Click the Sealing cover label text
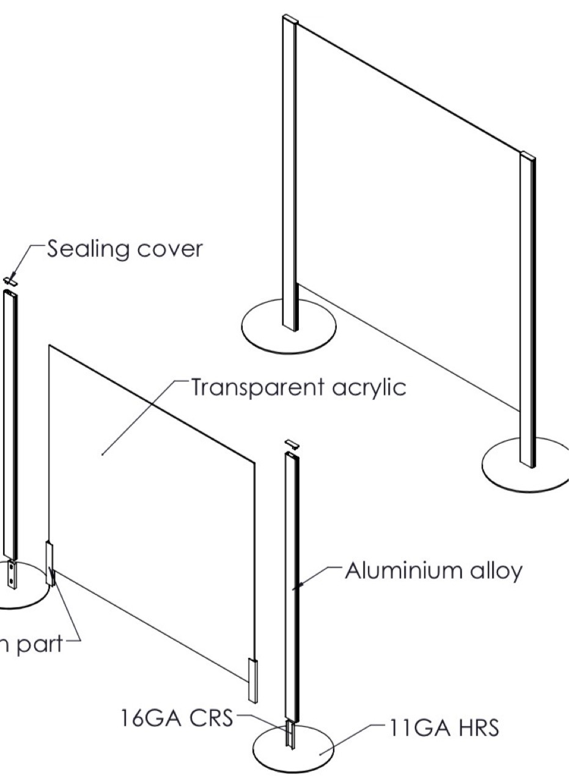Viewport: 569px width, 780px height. [124, 249]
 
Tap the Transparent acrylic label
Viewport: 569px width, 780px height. [298, 387]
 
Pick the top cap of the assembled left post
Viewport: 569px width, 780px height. [289, 19]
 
